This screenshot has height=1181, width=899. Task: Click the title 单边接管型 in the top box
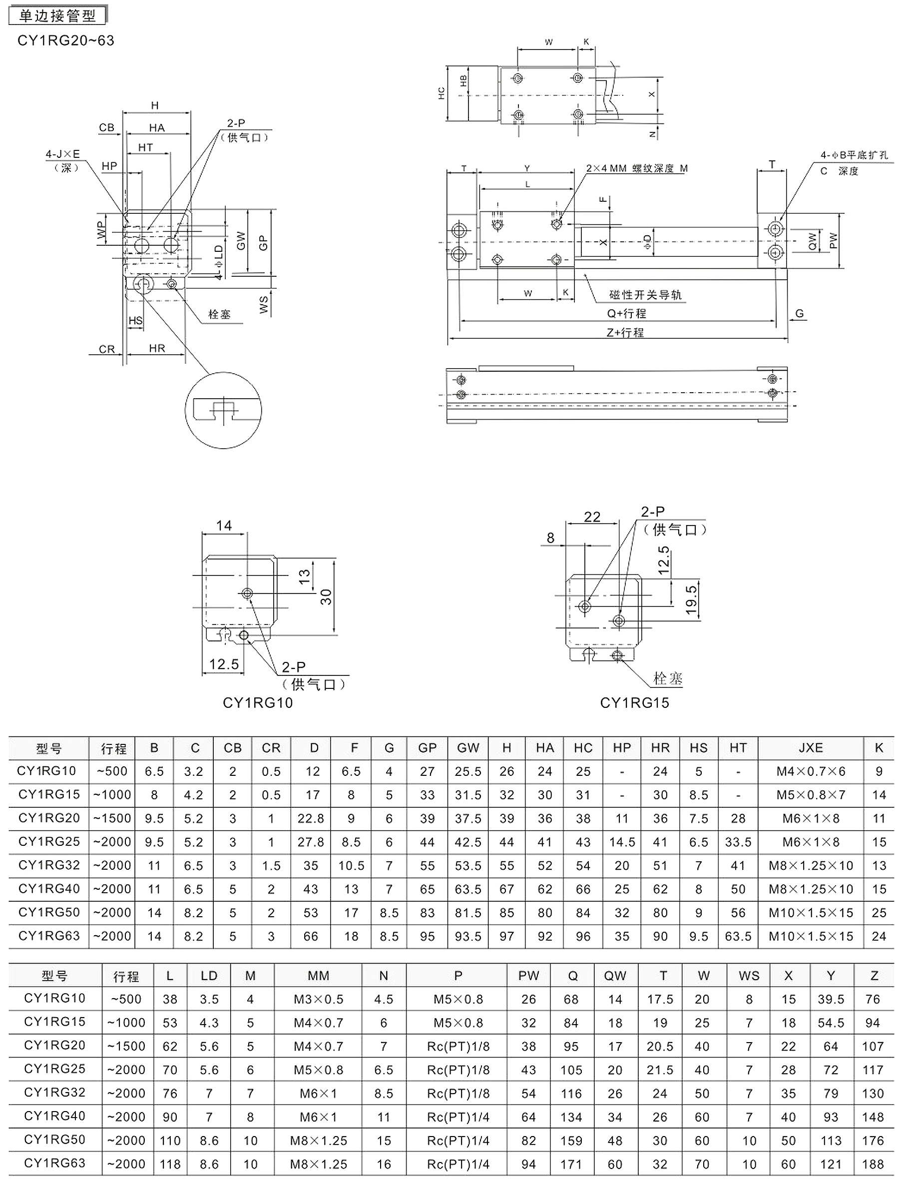pos(57,15)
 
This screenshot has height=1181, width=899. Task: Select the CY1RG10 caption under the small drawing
pos(257,702)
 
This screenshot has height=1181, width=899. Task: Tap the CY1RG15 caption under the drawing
pos(634,702)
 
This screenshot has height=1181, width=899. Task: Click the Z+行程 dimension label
pos(625,332)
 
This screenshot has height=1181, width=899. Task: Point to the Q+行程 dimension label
pos(626,313)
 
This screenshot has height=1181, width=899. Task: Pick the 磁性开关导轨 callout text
pos(645,295)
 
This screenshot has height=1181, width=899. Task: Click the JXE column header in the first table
pos(810,747)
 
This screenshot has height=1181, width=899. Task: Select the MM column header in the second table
pos(319,976)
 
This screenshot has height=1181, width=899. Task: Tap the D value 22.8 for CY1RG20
pos(311,818)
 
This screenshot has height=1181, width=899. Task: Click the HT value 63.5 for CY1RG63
pos(738,936)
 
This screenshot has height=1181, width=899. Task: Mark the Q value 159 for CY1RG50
pos(571,1141)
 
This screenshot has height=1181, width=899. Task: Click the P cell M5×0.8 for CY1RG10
pos(458,999)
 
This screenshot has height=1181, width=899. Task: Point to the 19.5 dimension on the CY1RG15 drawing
pos(691,599)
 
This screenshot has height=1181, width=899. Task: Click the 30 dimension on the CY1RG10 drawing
pos(326,596)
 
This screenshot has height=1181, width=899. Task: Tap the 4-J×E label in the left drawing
pos(62,154)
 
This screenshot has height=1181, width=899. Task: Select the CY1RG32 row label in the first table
pos(49,865)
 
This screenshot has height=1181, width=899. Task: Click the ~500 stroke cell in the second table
pos(126,999)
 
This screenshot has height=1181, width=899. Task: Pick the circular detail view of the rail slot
pos(223,411)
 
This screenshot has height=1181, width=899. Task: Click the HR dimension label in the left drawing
pos(157,348)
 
